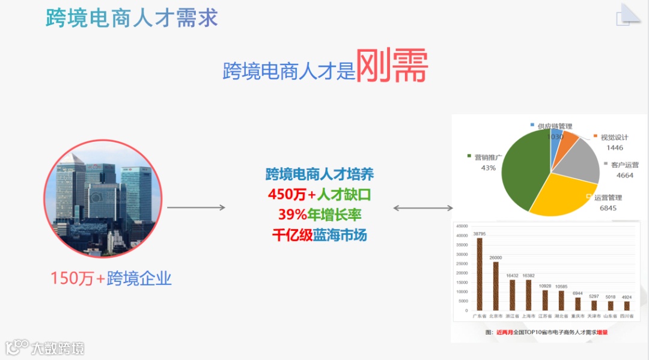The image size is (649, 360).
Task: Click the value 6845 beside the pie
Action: pyautogui.click(x=608, y=208)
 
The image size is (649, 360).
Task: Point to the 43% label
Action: pyautogui.click(x=488, y=168)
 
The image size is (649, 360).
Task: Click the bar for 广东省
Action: pyautogui.click(x=480, y=274)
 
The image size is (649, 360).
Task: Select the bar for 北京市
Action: pyautogui.click(x=496, y=286)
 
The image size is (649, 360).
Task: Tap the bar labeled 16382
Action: pyautogui.click(x=529, y=295)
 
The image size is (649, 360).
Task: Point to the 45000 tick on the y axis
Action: pyautogui.click(x=462, y=226)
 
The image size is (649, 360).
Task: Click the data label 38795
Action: pyautogui.click(x=480, y=233)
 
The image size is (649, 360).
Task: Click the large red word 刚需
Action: pyautogui.click(x=391, y=67)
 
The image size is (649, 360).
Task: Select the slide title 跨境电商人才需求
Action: pyautogui.click(x=132, y=17)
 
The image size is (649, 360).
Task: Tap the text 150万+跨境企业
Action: pyautogui.click(x=111, y=278)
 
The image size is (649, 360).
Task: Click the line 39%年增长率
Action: pyautogui.click(x=319, y=215)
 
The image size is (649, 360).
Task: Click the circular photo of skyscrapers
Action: pyautogui.click(x=103, y=198)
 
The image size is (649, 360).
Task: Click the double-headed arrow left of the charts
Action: pyautogui.click(x=423, y=208)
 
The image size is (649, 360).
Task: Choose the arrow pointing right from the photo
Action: pyautogui.click(x=196, y=207)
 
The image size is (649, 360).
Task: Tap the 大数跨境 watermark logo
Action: pyautogui.click(x=45, y=347)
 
